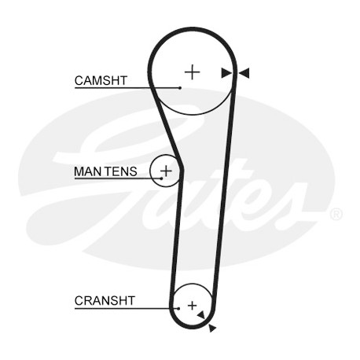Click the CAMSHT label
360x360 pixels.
101,80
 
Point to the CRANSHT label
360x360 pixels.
105,300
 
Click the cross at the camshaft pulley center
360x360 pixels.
193,72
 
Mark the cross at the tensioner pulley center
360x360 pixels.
166,171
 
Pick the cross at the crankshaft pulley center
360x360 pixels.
193,306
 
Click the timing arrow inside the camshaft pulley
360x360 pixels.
226,73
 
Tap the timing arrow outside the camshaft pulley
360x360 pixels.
244,73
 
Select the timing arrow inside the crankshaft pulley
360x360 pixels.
201,314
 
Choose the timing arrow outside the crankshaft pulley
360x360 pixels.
212,328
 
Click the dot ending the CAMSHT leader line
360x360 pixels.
180,88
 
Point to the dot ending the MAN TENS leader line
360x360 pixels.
161,178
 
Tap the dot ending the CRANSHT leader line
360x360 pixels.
178,308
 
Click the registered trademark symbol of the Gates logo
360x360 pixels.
336,214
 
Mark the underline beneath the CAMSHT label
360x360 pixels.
127,88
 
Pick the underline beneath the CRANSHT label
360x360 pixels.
127,308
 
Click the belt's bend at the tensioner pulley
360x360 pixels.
181,170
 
